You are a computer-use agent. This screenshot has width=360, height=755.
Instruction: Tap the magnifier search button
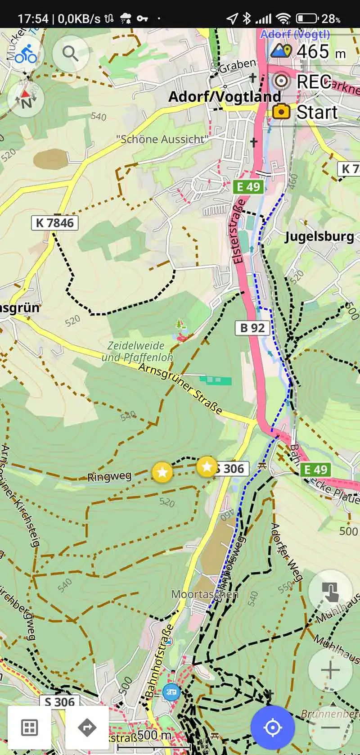(70, 54)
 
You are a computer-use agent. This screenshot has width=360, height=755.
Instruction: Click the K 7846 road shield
(54, 223)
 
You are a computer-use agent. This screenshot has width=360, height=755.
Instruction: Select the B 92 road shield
(252, 327)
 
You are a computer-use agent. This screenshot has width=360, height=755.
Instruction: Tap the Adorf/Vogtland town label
(224, 97)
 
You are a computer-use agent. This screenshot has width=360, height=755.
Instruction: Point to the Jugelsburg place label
(319, 236)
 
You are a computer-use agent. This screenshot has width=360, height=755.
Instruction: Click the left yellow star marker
(162, 472)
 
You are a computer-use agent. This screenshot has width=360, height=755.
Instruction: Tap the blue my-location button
(272, 727)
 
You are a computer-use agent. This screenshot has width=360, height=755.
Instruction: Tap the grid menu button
(29, 727)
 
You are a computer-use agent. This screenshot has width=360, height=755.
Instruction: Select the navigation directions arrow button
(87, 727)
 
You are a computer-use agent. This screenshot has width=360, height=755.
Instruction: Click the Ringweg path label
(109, 476)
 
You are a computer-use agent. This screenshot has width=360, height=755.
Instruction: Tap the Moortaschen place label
(204, 594)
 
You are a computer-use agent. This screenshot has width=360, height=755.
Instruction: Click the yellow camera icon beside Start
(281, 111)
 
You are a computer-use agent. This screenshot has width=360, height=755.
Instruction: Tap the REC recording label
(314, 81)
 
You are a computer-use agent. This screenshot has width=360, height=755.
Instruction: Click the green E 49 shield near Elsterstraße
(248, 186)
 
